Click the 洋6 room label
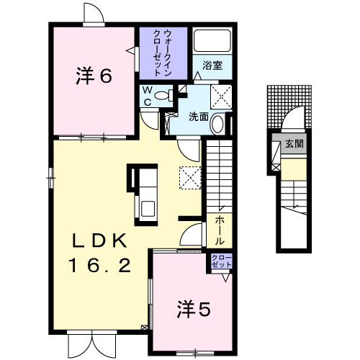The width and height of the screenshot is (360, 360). pyautogui.click(x=94, y=76)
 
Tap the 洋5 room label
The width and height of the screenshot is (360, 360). pyautogui.click(x=194, y=310)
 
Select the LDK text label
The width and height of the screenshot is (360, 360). pyautogui.click(x=99, y=240)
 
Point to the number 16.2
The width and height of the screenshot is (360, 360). pyautogui.click(x=99, y=265)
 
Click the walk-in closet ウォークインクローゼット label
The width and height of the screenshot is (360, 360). pyautogui.click(x=163, y=53)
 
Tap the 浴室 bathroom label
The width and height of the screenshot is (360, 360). pyautogui.click(x=212, y=66)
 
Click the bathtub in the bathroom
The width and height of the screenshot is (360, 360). pyautogui.click(x=212, y=41)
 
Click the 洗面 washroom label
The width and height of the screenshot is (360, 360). pyautogui.click(x=199, y=117)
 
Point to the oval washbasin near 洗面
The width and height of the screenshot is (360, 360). pyautogui.click(x=218, y=125)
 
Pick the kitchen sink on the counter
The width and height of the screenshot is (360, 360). pyautogui.click(x=148, y=209)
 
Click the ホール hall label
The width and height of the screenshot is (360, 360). pyautogui.click(x=220, y=230)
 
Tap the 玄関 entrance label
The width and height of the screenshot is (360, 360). pyautogui.click(x=294, y=144)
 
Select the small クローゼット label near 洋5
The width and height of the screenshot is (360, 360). pyautogui.click(x=222, y=261)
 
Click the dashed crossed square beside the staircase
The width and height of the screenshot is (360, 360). pyautogui.click(x=190, y=178)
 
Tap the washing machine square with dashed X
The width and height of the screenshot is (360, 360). pyautogui.click(x=221, y=97)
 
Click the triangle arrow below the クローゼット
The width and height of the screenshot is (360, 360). pyautogui.click(x=225, y=278)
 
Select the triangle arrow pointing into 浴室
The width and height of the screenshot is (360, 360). pyautogui.click(x=198, y=76)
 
